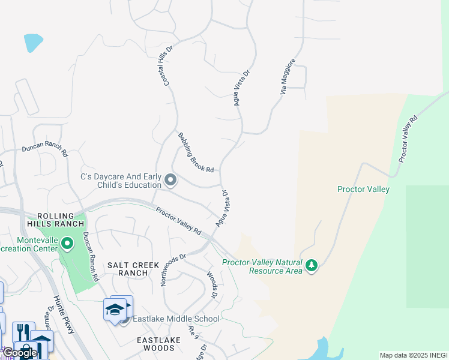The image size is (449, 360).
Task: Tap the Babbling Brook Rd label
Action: (196, 153)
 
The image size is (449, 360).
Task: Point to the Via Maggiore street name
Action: (288, 76)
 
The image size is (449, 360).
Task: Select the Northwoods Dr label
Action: (173, 269)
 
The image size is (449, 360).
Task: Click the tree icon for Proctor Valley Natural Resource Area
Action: (311, 265)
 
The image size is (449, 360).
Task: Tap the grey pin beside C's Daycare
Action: (170, 180)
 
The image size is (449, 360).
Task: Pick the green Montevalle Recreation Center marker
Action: (67, 244)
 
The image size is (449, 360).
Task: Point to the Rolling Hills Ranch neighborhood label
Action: (59, 220)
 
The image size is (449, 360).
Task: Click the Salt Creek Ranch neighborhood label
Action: (133, 269)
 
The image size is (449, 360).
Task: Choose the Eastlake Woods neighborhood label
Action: (158, 344)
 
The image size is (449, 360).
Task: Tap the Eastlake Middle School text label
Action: (176, 319)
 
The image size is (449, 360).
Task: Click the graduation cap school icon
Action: (114, 310)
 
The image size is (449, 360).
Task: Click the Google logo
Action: (20, 353)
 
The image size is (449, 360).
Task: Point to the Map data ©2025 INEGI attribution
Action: (414, 355)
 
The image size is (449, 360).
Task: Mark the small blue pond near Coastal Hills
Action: (33, 42)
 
